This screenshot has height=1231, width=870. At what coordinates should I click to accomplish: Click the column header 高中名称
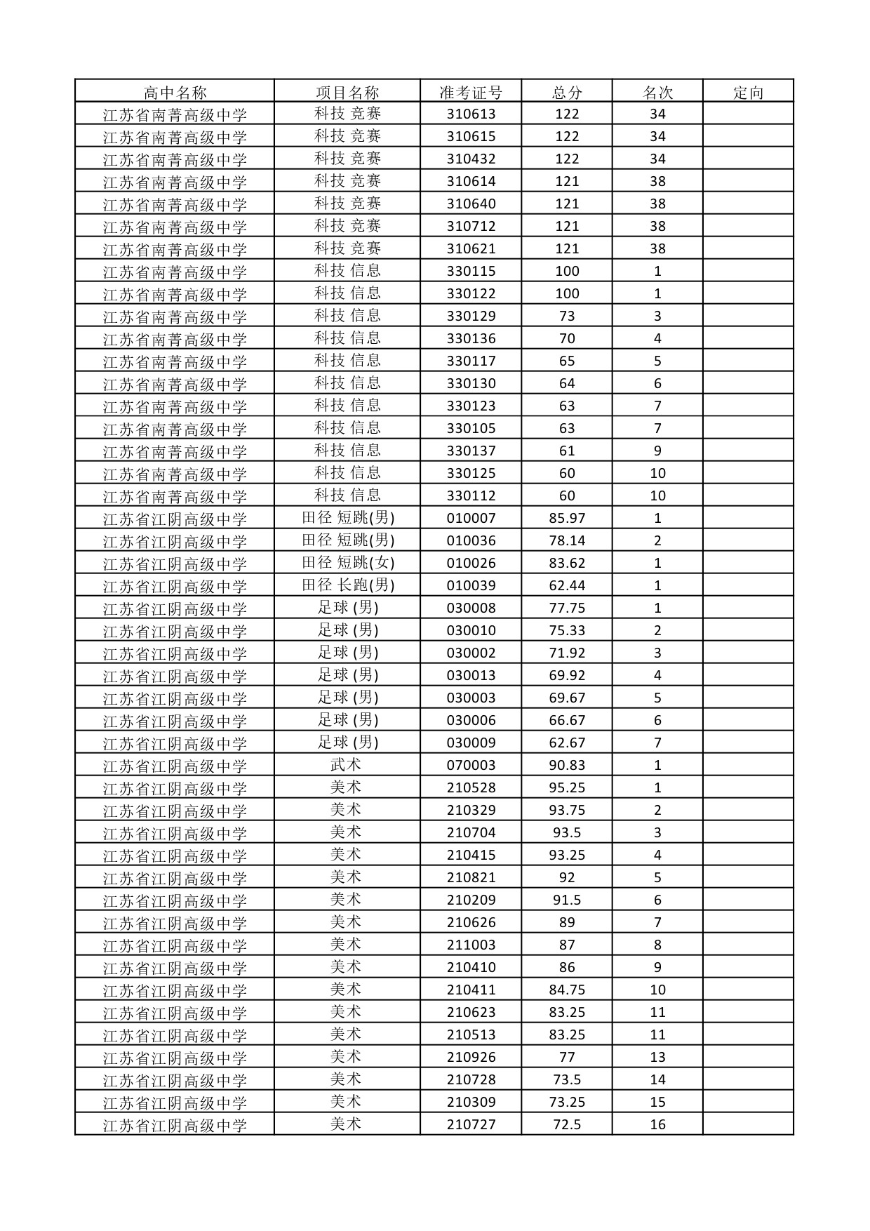pos(175,93)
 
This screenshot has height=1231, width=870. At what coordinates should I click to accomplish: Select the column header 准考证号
pos(471,93)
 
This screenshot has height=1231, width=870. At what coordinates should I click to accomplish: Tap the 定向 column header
pos(748,93)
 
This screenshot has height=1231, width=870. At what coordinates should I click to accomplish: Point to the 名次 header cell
pos(657,93)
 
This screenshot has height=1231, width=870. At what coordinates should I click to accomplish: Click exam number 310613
pos(471,114)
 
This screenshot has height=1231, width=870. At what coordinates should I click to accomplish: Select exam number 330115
pos(471,272)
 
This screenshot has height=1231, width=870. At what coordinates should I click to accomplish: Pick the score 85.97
pos(567,519)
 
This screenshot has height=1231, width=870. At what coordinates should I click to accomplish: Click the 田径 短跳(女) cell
pos(348,563)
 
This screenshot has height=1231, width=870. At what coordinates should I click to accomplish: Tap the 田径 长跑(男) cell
pos(348,585)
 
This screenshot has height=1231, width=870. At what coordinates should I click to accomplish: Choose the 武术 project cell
pos(346,765)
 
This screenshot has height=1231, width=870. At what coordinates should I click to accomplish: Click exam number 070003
pos(471,766)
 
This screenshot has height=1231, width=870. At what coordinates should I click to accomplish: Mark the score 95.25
pos(567,788)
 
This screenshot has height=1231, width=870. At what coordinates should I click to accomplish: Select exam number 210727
pos(471,1125)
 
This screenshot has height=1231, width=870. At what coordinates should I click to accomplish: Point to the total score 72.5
pos(567,1125)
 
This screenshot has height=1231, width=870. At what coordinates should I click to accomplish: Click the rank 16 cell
pos(657,1125)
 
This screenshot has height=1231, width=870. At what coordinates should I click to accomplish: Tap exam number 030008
pos(471,608)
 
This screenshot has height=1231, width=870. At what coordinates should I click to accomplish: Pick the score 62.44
pos(567,586)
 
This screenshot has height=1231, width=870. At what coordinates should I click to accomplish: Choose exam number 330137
pos(471,451)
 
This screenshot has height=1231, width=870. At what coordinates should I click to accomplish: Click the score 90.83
pos(567,766)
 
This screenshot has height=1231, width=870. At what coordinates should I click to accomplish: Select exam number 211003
pos(471,945)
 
